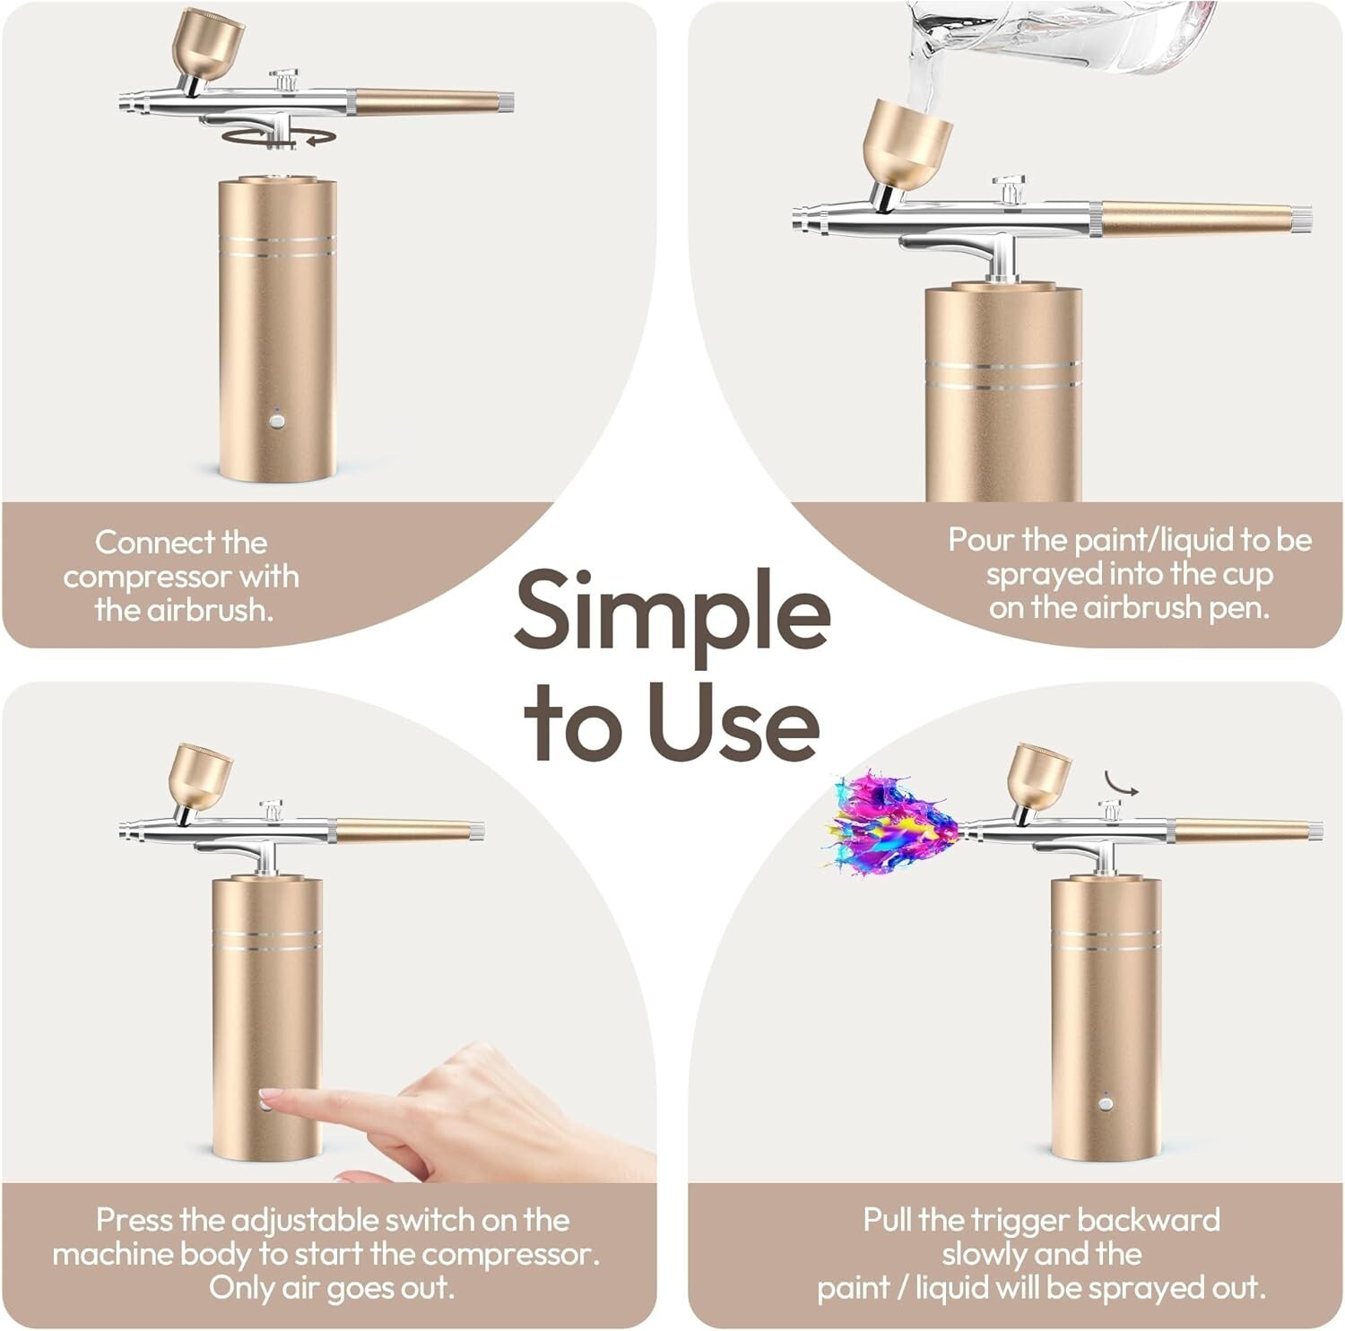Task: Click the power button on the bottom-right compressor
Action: [x=1106, y=1102]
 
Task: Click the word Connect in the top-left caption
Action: [x=156, y=543]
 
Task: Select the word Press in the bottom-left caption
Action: [x=134, y=1220]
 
